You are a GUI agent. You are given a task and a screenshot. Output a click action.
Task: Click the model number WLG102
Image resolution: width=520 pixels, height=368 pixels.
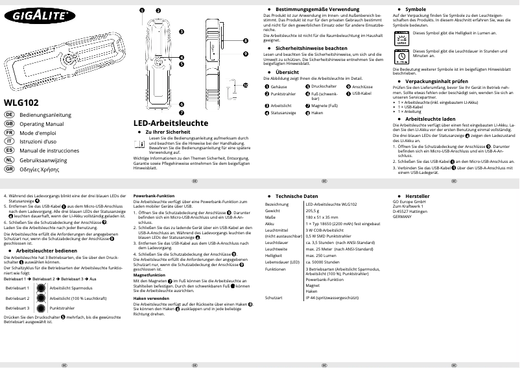[x=21, y=102]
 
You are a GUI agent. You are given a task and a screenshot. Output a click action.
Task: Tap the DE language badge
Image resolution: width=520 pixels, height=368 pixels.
[x=9, y=114]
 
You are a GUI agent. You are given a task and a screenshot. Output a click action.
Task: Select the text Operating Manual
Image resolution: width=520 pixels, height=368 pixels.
[x=41, y=123]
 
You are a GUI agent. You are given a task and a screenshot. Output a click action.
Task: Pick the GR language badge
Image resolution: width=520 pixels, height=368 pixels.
[x=9, y=168]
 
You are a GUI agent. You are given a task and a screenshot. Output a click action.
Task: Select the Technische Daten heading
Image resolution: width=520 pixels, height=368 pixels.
[x=296, y=195]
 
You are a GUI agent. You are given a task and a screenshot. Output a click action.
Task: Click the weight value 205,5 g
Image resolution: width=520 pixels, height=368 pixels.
[x=313, y=211]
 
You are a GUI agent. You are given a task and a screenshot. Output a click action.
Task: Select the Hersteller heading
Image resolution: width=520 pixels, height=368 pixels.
[x=417, y=195]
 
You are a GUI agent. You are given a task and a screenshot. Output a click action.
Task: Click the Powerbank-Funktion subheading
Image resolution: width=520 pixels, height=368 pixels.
[x=154, y=195]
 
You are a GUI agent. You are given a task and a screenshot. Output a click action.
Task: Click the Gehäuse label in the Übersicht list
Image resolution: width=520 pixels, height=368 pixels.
[x=279, y=86]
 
